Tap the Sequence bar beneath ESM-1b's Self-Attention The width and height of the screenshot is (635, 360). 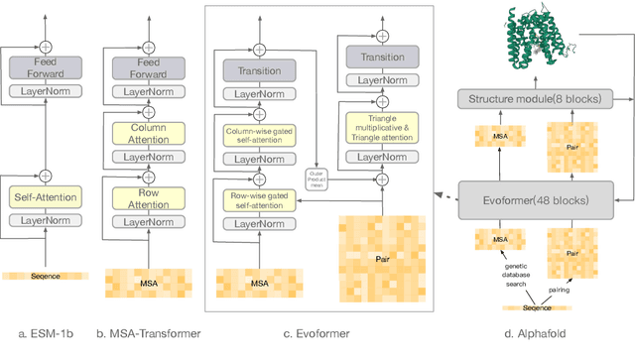click(44, 276)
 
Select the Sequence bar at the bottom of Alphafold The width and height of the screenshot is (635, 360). click(537, 307)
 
